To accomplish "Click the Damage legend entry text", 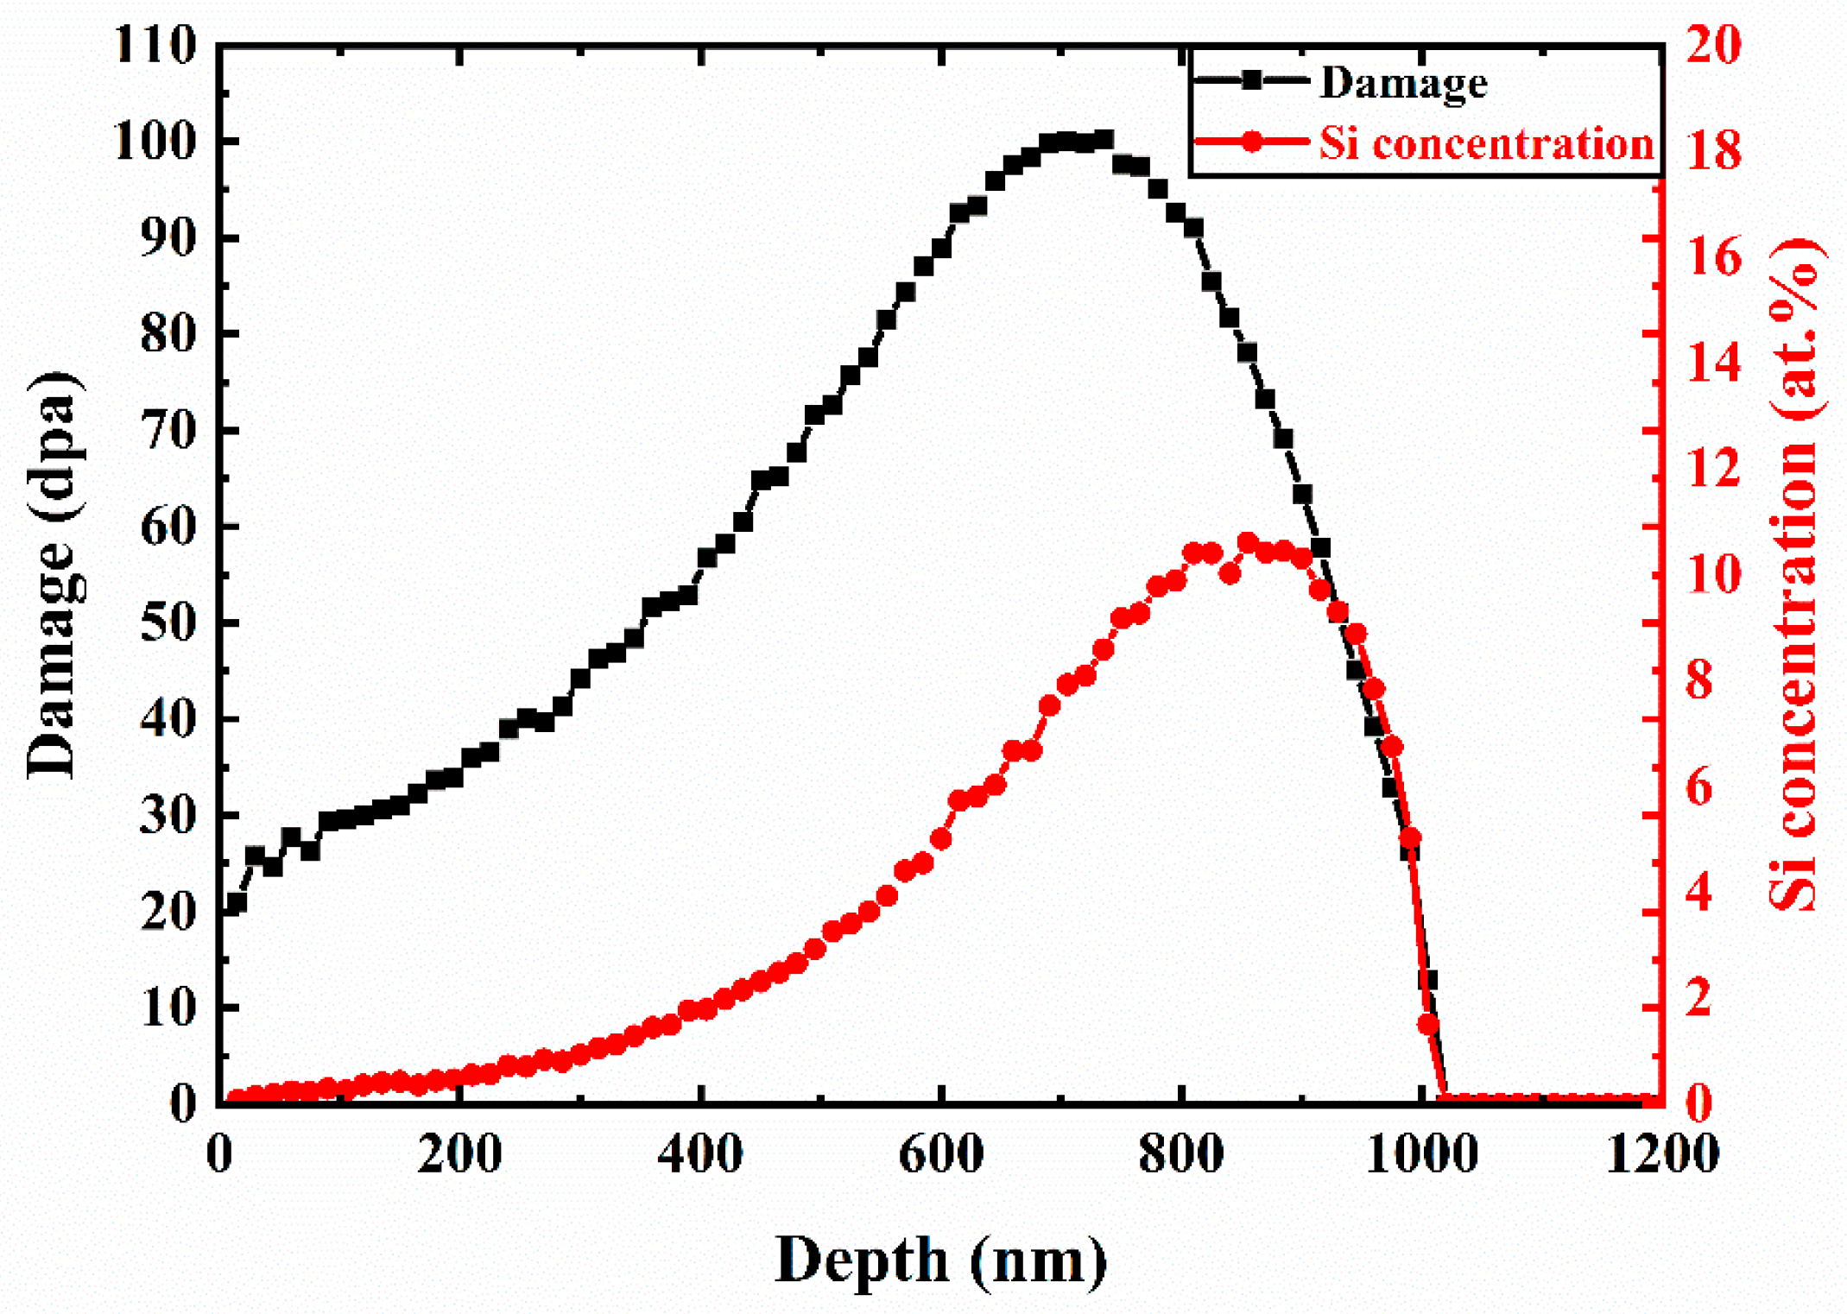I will pos(1403,84).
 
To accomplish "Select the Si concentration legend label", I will pos(1486,143).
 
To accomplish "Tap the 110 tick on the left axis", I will pos(155,44).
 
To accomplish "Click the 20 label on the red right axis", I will pos(1713,44).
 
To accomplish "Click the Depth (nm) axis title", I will pos(940,1261).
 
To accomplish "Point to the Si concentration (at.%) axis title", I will pos(1794,574).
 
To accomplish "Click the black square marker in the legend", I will pos(1252,81).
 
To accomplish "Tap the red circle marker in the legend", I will pos(1252,142).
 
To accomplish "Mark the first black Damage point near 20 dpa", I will pos(236,903).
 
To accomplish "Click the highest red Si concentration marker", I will pos(1248,542).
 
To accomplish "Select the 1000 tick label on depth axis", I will pos(1421,1154).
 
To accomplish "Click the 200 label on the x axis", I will pos(459,1154).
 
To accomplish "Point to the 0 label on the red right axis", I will pos(1698,1104).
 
